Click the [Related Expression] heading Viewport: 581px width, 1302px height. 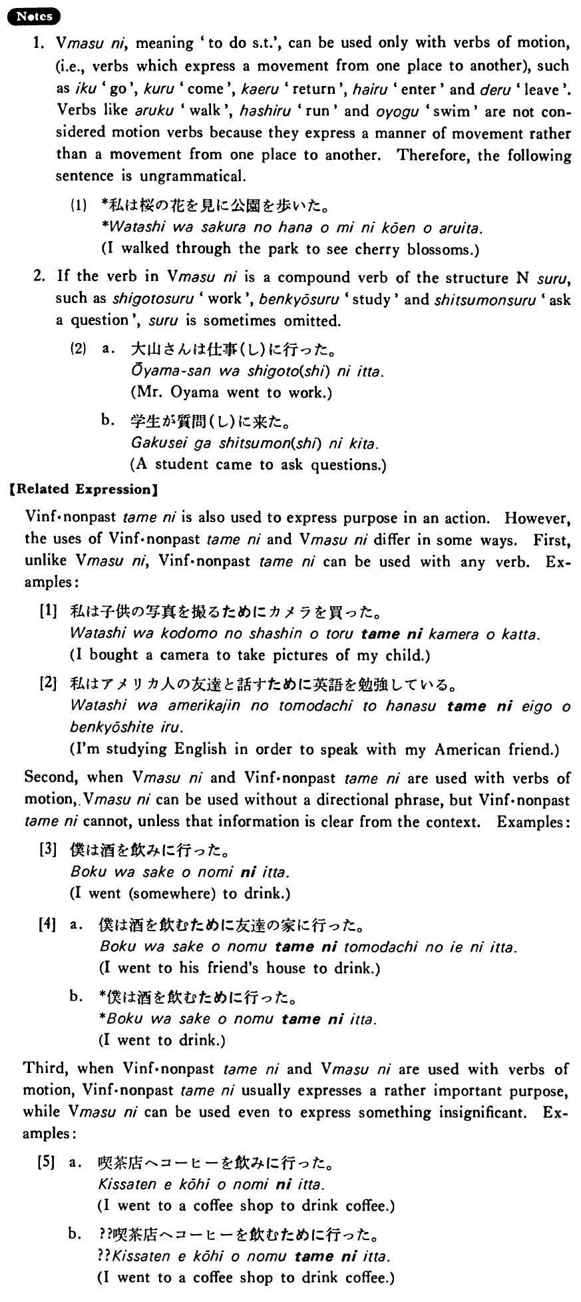click(81, 489)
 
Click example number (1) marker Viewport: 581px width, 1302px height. click(79, 206)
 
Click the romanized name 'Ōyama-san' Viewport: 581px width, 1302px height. click(164, 371)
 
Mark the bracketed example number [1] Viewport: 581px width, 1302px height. click(49, 611)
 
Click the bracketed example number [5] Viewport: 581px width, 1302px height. click(47, 1162)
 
